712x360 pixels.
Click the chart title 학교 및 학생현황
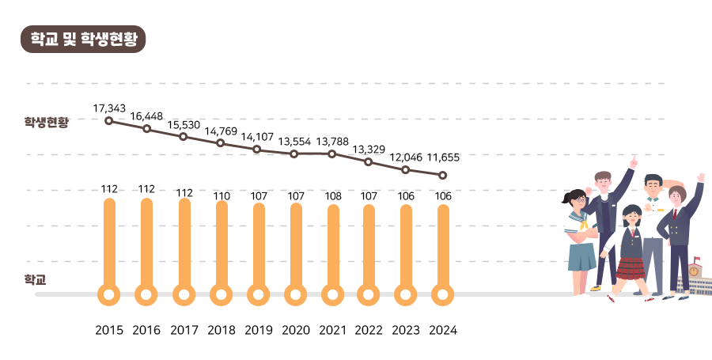click(83, 39)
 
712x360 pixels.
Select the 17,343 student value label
click(109, 107)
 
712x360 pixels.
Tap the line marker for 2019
click(257, 149)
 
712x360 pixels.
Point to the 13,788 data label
click(332, 141)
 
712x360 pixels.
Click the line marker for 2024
click(443, 175)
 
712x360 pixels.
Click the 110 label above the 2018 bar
click(222, 195)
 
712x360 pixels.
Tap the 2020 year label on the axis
click(296, 330)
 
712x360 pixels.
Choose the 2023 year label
click(406, 330)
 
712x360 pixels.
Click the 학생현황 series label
click(47, 122)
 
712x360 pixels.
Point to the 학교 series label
click(36, 279)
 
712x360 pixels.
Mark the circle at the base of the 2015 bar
click(109, 295)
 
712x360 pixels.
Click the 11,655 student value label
click(443, 157)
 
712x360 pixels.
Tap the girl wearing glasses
click(580, 229)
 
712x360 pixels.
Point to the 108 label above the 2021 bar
click(333, 195)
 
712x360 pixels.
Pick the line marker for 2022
click(369, 161)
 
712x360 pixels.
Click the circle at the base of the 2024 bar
click(443, 295)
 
